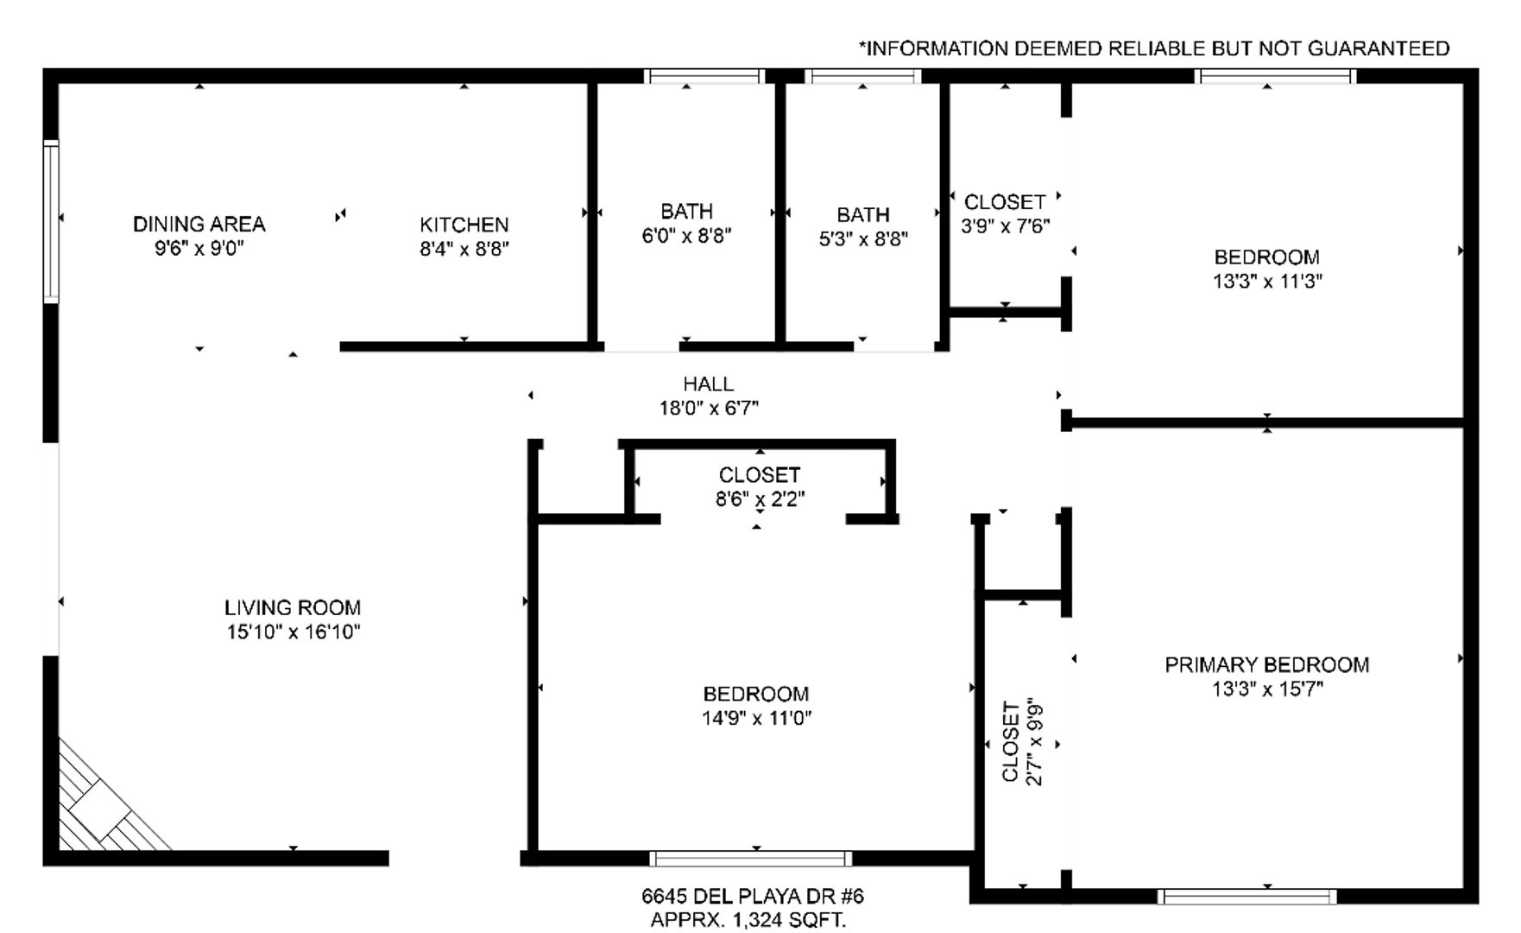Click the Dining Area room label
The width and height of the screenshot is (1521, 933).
point(199,224)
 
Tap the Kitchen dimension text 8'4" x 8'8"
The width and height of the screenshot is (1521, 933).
point(464,249)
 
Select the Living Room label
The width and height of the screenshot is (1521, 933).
point(293,607)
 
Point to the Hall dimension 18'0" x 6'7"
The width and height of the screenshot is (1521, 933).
point(709,408)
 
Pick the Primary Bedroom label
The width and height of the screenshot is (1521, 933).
point(1267,664)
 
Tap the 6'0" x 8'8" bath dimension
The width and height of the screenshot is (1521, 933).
point(686,235)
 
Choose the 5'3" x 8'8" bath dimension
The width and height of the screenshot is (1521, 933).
point(863,238)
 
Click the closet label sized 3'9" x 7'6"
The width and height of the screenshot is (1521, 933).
point(1005,202)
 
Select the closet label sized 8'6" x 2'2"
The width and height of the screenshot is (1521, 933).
point(760,475)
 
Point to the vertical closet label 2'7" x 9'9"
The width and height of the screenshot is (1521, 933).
point(1010,742)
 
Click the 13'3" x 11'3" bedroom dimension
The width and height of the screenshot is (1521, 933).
point(1267,281)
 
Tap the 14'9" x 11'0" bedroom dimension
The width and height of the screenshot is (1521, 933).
point(756,718)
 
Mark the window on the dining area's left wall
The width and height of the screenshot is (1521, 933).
point(51,221)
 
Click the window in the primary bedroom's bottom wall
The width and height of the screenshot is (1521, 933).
point(1246,897)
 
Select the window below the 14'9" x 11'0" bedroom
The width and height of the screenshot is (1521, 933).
point(750,859)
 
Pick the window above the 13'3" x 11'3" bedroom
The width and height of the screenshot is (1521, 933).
point(1275,76)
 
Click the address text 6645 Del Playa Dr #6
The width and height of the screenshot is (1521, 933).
point(752,896)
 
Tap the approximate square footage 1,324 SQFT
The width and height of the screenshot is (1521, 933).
point(789,920)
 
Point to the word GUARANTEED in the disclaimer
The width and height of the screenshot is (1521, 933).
point(1379,48)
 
